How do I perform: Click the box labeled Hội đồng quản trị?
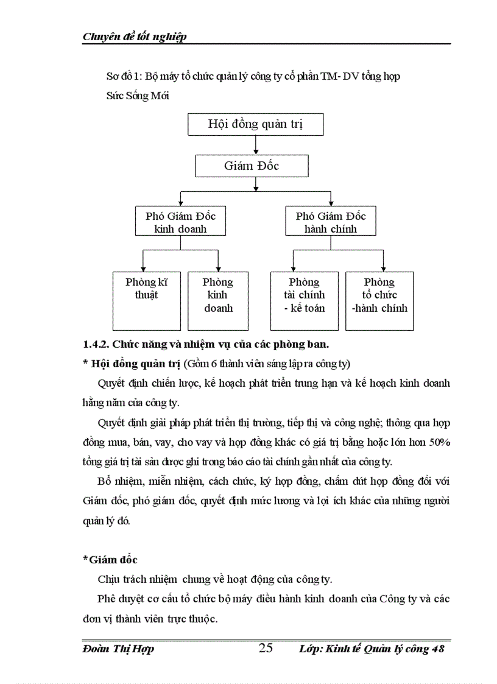[255, 125]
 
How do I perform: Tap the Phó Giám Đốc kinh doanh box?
[180, 222]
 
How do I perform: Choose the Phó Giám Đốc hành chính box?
[331, 222]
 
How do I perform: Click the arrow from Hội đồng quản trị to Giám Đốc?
[255, 145]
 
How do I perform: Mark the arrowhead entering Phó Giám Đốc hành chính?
[331, 203]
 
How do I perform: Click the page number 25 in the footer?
[266, 648]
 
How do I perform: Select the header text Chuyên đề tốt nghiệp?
[135, 37]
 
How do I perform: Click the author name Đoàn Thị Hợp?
[118, 649]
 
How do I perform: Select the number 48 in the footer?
[437, 649]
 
